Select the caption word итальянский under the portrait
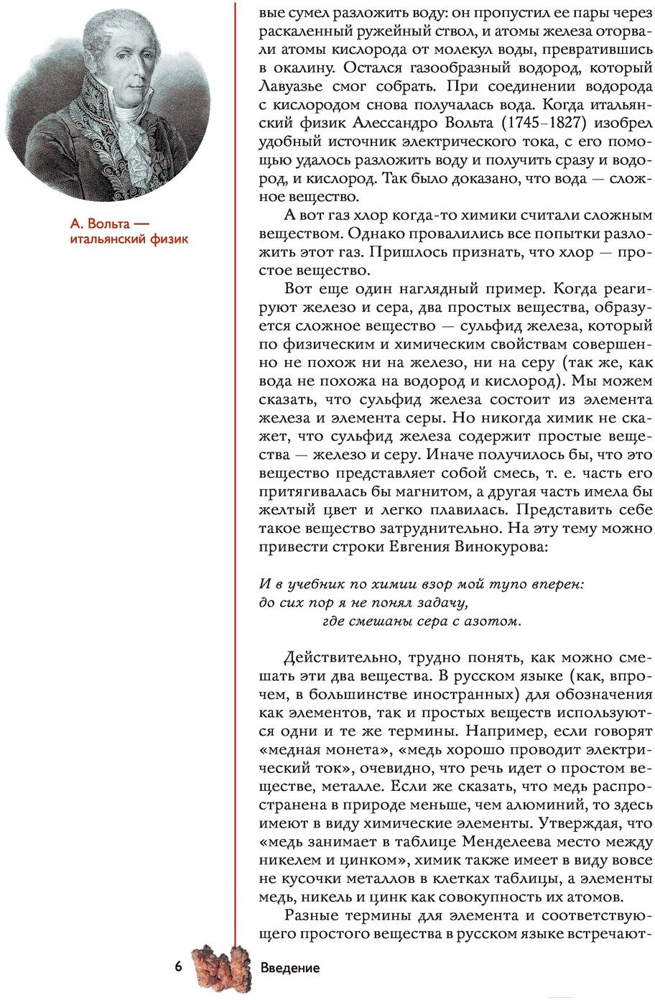[x=108, y=239]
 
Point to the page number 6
[x=178, y=967]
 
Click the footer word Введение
[x=289, y=968]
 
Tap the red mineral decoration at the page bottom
[x=219, y=968]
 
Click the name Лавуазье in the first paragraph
[x=294, y=86]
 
